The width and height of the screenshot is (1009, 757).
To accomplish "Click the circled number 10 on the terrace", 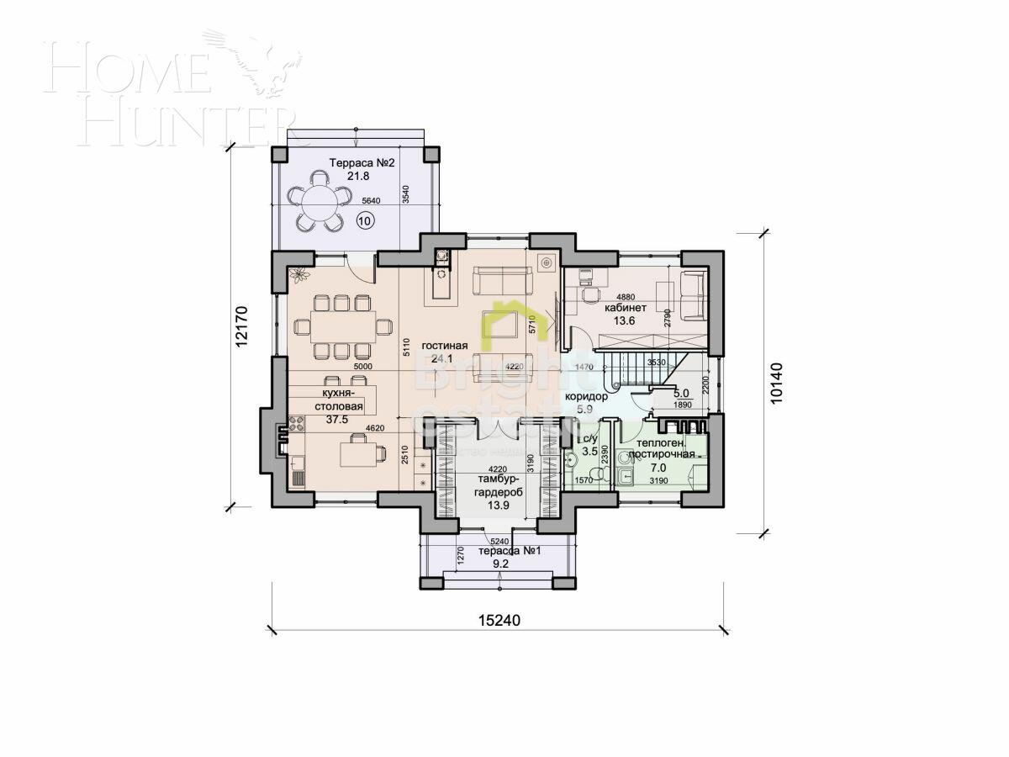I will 365,220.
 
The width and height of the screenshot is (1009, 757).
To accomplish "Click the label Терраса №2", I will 362,163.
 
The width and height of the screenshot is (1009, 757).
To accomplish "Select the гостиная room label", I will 444,345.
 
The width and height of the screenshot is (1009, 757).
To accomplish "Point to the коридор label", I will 586,395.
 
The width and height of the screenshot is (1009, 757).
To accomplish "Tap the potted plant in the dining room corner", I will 299,273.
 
